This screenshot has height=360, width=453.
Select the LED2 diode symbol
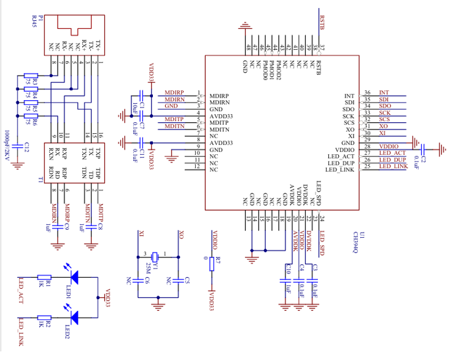click(74, 317)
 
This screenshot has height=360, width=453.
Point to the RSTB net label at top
click(322, 24)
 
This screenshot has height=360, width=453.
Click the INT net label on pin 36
click(384, 93)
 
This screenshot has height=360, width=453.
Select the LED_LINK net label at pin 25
click(393, 166)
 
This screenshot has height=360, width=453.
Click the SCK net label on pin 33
click(385, 113)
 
